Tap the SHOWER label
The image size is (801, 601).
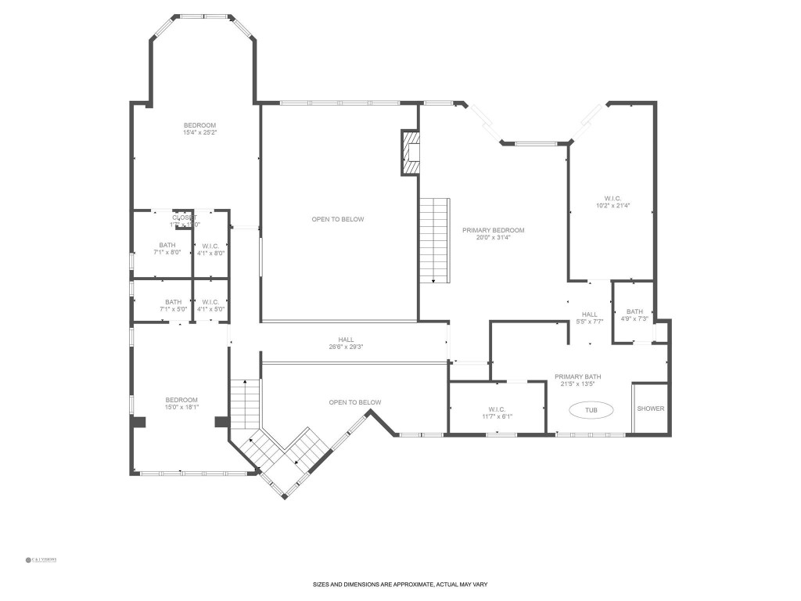point(650,408)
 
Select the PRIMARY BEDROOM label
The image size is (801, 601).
point(493,234)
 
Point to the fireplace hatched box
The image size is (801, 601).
point(411,152)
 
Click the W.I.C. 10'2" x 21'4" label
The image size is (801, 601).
point(612,202)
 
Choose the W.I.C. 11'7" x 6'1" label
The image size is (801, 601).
point(497,412)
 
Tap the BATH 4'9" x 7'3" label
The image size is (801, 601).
point(634,315)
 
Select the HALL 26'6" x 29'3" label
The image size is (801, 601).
point(346,343)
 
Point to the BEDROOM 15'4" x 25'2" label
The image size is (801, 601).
point(199,129)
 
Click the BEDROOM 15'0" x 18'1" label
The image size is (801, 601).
point(181,403)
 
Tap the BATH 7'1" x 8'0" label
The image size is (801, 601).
point(167,249)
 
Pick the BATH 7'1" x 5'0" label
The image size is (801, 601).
point(173,305)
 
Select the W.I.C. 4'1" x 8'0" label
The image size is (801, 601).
point(210,249)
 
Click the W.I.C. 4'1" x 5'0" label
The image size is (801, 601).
point(210,305)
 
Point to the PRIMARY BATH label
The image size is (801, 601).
point(578,380)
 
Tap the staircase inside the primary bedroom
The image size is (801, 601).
point(435,239)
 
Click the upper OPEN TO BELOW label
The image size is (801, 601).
point(338,219)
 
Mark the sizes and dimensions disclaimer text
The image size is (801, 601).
point(400,585)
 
